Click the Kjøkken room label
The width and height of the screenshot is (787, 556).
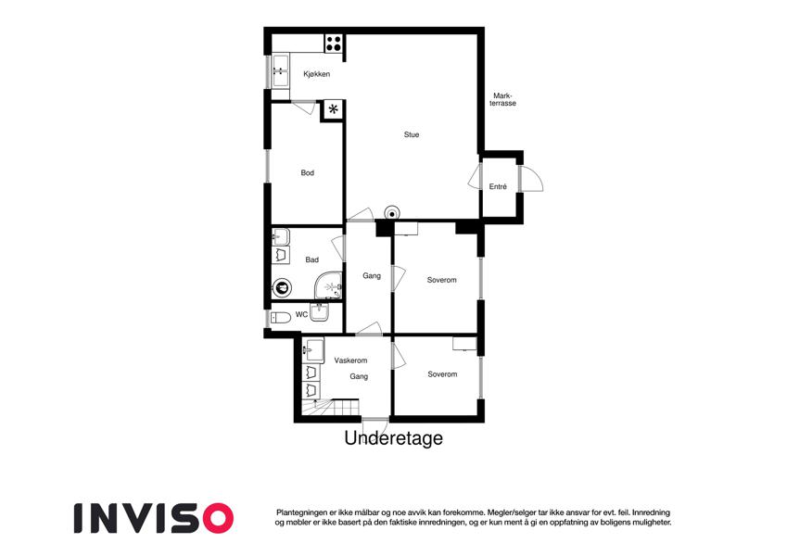coord(317,74)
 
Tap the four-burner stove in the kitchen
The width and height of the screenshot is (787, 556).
coord(334,44)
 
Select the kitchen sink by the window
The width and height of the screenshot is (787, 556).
coord(280,70)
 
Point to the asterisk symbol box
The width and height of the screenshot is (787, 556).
coord(333,109)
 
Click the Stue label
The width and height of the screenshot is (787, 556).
coord(411,134)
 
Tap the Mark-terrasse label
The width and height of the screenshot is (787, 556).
coord(503,99)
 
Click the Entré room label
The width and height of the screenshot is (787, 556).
coord(498,186)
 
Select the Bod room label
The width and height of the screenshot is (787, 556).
coord(307,172)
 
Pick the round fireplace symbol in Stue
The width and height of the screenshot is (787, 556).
coord(392,213)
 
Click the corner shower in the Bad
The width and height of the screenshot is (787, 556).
coord(329,286)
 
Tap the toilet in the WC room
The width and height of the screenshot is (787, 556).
coord(281,318)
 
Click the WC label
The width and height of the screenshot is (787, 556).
coord(301,315)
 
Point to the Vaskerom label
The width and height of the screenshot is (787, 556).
coord(350,360)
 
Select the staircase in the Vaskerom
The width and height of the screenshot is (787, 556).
coord(331,407)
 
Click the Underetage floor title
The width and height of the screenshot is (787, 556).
coord(393,438)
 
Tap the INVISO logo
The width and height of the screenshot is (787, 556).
coord(154,518)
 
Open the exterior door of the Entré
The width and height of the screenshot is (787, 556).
coord(531,179)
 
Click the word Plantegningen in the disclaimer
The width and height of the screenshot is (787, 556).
coord(300,512)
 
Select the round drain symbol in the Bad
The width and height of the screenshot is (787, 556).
coord(282,288)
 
